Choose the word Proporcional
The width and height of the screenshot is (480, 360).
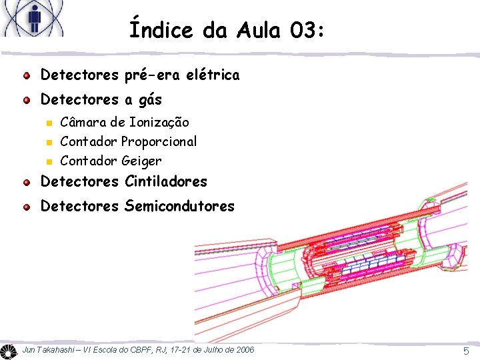159,141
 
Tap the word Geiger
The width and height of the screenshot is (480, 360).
141,161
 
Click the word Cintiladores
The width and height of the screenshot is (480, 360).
165,181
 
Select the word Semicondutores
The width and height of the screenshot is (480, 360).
179,207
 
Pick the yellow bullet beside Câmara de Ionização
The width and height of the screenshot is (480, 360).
48,123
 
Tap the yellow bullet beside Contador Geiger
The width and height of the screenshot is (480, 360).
48,161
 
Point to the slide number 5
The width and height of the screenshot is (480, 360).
466,351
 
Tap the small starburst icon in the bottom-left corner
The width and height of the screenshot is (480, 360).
8,351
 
